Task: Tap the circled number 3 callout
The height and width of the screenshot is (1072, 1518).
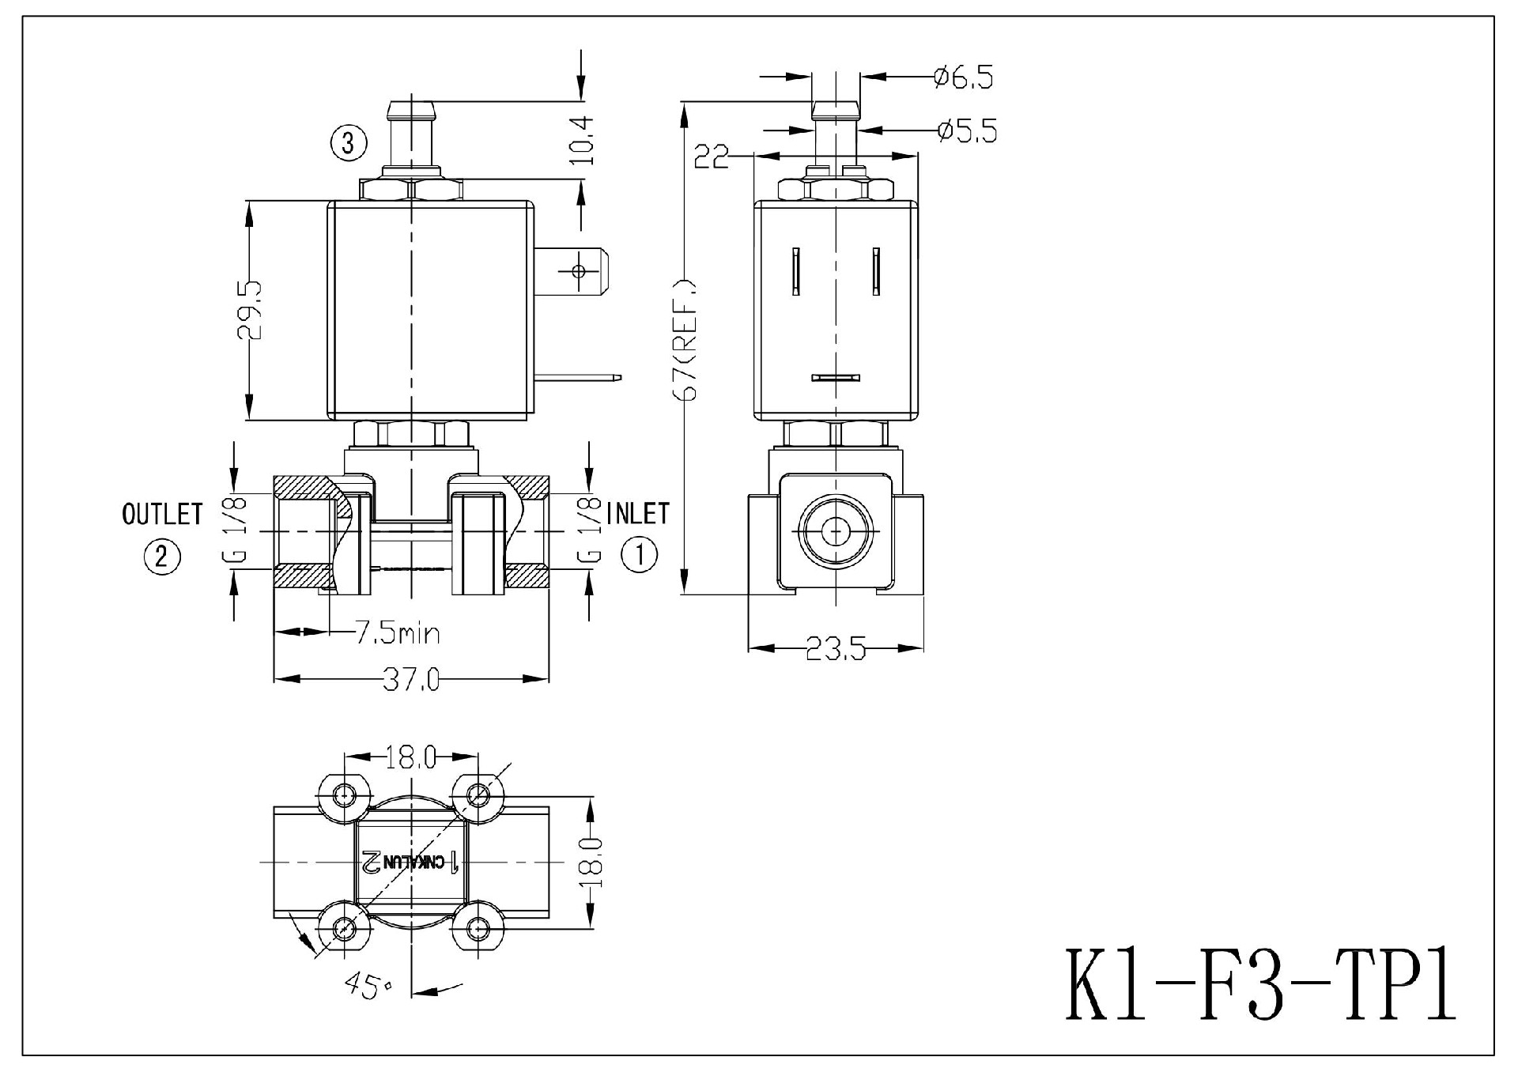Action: click(x=349, y=143)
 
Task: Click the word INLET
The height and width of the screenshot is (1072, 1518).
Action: click(x=637, y=514)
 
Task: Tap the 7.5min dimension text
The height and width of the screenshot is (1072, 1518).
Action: click(x=396, y=633)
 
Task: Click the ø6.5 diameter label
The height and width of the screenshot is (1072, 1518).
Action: click(x=963, y=77)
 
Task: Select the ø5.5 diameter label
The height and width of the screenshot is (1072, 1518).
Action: click(x=966, y=131)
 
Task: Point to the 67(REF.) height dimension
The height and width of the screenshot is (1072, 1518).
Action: click(x=685, y=340)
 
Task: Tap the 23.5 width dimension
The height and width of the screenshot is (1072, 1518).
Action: click(x=836, y=650)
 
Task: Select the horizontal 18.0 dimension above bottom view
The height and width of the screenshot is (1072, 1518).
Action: click(x=410, y=758)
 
